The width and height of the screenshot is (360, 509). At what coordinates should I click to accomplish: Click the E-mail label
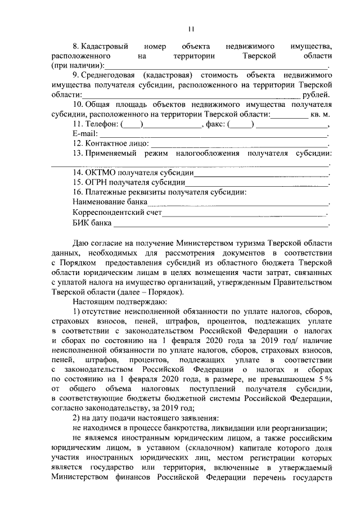(x=84, y=134)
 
